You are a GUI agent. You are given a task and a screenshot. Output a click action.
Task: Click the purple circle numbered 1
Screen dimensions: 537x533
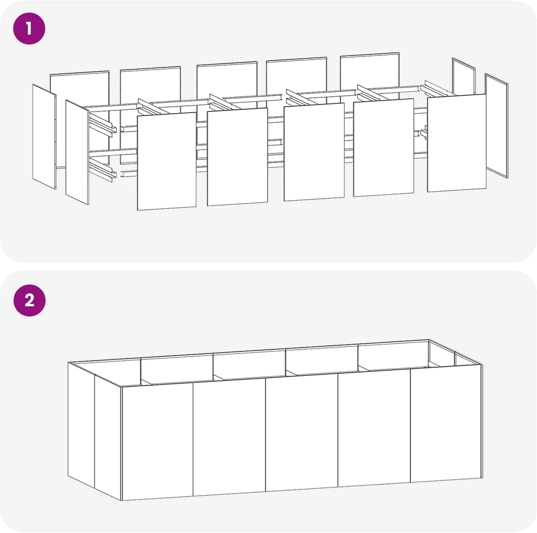29,28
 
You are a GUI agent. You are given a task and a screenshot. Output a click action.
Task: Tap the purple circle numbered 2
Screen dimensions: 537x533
29,300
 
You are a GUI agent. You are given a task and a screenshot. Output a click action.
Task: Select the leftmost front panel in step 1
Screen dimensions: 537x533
167,161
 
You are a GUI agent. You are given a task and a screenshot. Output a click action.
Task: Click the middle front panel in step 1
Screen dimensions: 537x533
314,152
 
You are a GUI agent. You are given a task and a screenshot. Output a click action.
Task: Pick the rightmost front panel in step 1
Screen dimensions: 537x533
457,142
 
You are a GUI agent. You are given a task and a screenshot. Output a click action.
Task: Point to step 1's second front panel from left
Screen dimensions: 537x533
237,157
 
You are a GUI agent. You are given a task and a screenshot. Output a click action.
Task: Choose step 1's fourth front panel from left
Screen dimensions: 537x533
383,147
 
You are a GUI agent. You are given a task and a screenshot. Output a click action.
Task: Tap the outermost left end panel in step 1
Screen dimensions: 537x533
44,137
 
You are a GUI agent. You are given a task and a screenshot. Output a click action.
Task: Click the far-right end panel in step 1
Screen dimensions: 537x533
497,126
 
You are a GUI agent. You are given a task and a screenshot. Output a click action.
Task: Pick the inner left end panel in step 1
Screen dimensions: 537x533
77,152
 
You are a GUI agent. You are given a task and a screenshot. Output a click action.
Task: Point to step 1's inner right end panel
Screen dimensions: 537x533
463,76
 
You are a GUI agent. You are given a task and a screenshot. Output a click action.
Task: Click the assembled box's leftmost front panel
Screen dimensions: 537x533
157,441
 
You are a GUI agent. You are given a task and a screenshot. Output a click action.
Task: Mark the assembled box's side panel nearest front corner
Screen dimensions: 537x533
108,438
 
